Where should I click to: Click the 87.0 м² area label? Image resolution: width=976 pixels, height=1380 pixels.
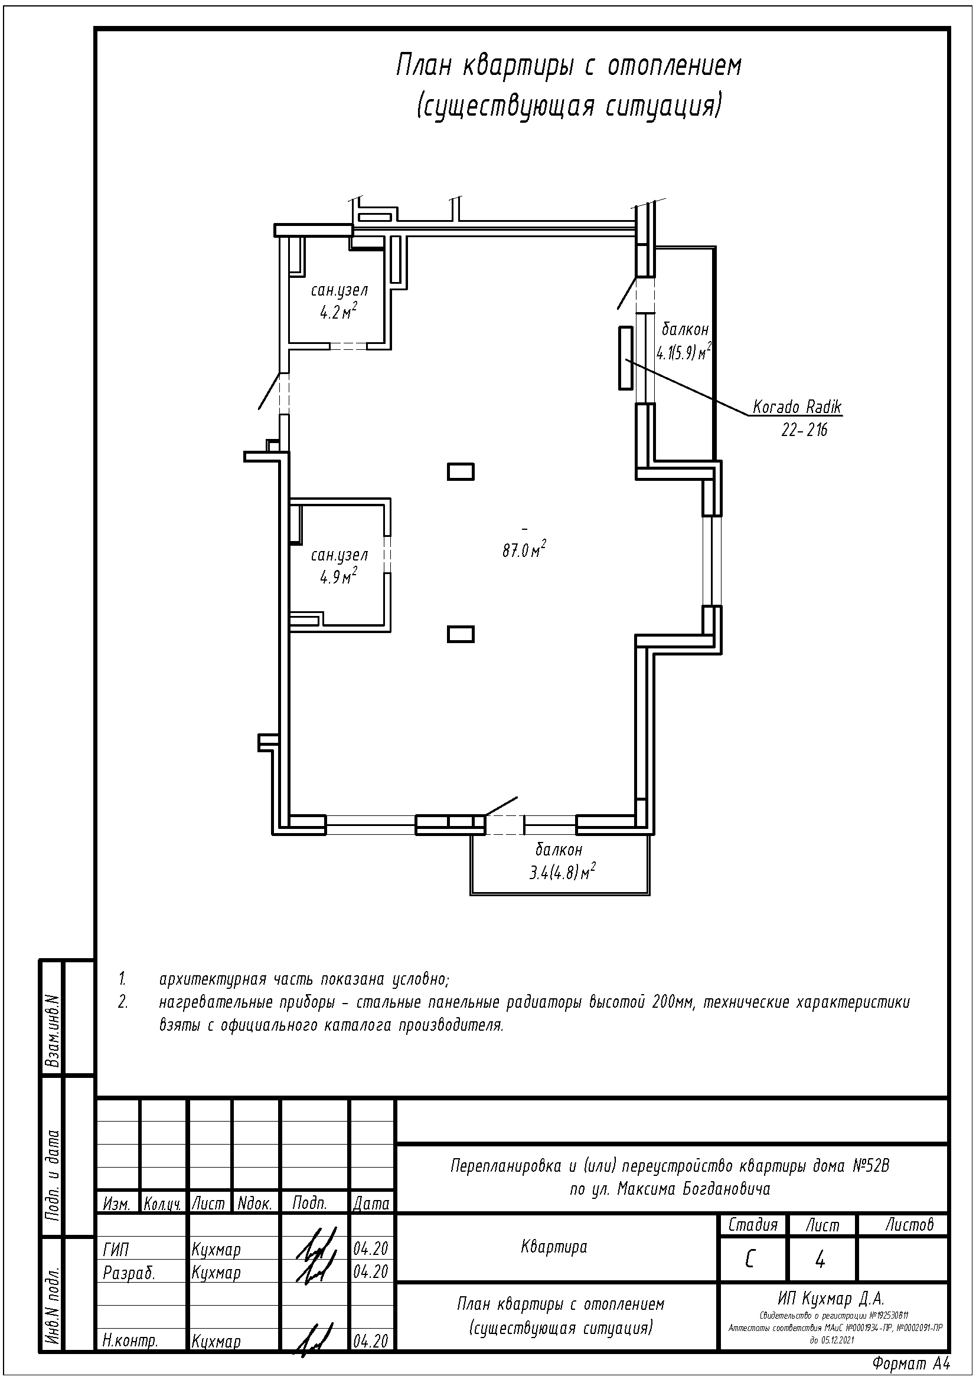(524, 549)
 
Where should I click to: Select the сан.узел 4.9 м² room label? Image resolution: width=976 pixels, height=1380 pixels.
(339, 566)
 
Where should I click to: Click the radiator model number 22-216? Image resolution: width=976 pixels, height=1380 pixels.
(805, 430)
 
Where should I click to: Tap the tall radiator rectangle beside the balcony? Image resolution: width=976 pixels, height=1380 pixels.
(626, 358)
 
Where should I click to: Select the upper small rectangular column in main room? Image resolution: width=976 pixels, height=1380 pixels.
(461, 472)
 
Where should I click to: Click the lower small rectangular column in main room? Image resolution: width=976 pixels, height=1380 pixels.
(461, 634)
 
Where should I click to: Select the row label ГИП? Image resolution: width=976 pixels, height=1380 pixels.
(116, 1250)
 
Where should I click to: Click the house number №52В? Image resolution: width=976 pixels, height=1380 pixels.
(871, 1167)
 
